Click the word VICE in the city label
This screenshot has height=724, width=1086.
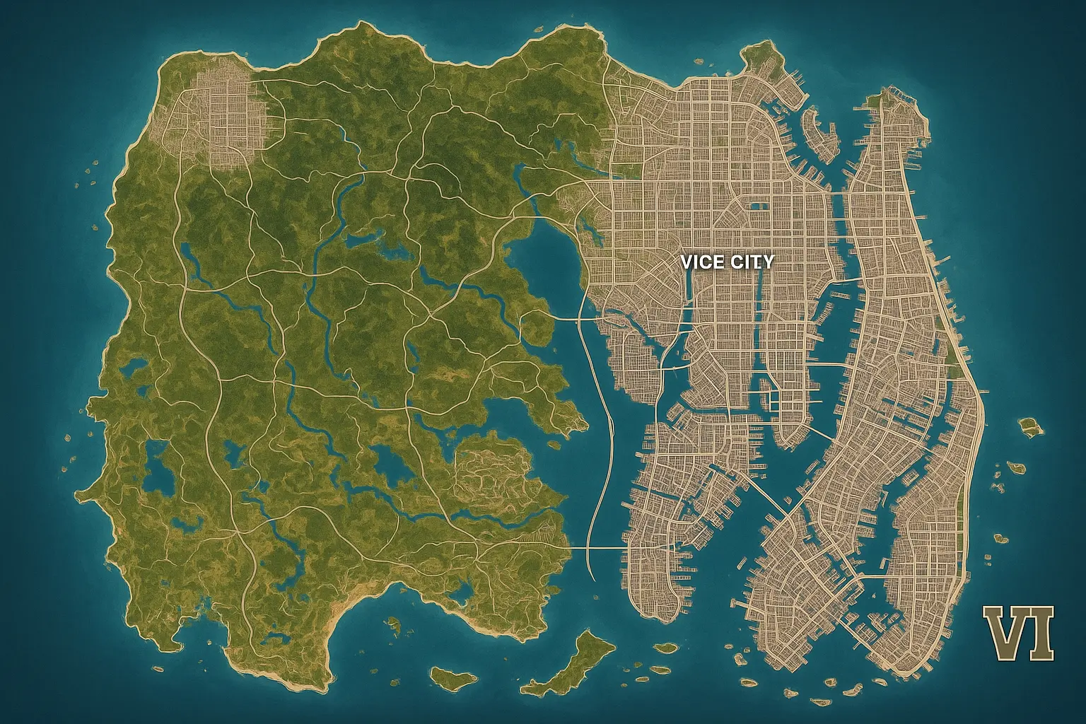pos(702,262)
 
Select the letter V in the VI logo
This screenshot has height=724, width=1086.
pos(1005,632)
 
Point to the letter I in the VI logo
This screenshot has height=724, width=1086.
pos(1041,632)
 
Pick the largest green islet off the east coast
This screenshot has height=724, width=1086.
pos(1032,426)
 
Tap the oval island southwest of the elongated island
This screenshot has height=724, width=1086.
pos(453,678)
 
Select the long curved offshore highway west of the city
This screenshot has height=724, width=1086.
pos(605,438)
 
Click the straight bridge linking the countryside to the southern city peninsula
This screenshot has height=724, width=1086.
pos(597,548)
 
